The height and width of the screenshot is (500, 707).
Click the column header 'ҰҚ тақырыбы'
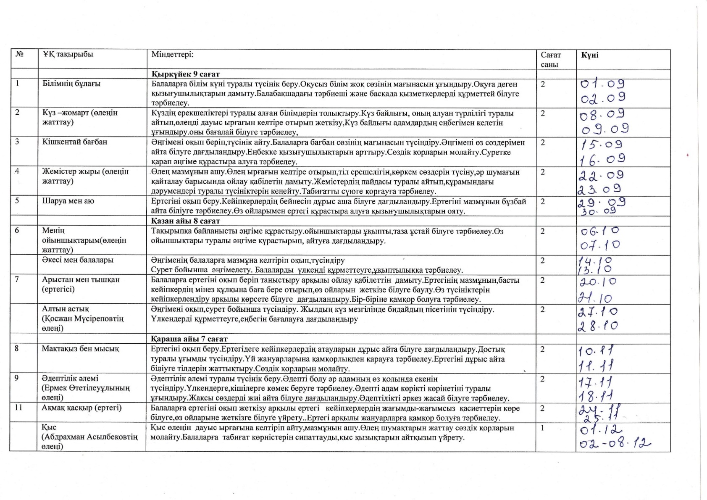(x=68, y=55)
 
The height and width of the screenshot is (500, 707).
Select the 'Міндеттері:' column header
(x=172, y=55)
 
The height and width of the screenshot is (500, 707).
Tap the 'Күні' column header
(x=590, y=55)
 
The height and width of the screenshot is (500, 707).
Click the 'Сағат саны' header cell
(x=550, y=60)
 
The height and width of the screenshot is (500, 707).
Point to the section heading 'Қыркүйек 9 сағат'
(x=186, y=74)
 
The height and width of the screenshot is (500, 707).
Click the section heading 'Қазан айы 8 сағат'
(x=186, y=221)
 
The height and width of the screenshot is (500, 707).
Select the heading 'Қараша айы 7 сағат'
(x=189, y=339)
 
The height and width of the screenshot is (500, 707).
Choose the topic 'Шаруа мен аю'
(x=68, y=201)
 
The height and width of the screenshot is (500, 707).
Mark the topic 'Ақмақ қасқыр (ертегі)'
(x=81, y=408)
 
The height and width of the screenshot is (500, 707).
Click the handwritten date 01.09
(x=602, y=84)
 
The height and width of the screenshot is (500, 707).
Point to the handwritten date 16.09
(x=602, y=159)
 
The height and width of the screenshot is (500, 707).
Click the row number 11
(x=18, y=408)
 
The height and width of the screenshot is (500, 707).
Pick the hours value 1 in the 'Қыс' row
(x=542, y=428)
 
